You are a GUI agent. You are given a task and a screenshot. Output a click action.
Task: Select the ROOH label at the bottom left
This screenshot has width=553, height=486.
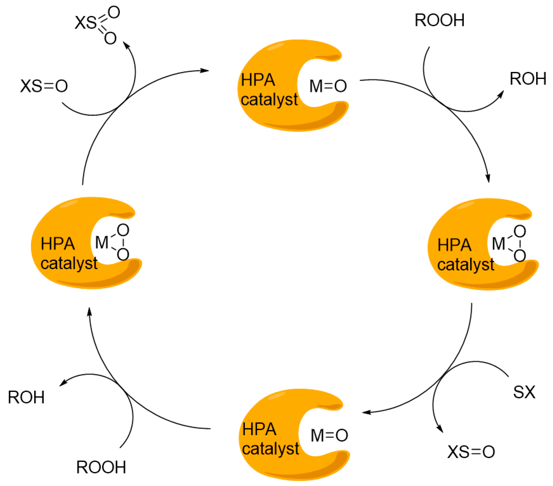click(101, 467)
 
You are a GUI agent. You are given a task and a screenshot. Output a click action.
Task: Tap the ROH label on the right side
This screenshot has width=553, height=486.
click(528, 79)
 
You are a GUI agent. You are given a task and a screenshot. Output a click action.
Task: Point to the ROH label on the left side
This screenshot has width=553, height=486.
click(26, 397)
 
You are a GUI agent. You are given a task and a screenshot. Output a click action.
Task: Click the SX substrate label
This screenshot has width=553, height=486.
click(524, 392)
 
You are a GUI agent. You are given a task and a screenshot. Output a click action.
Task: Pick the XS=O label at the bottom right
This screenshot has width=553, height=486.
click(471, 452)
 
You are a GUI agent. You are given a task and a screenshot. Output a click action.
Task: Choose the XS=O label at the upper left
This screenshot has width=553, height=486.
click(44, 86)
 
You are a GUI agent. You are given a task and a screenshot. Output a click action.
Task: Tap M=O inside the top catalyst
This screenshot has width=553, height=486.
click(328, 86)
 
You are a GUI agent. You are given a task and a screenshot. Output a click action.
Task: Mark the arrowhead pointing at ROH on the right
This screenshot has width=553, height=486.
click(501, 94)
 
